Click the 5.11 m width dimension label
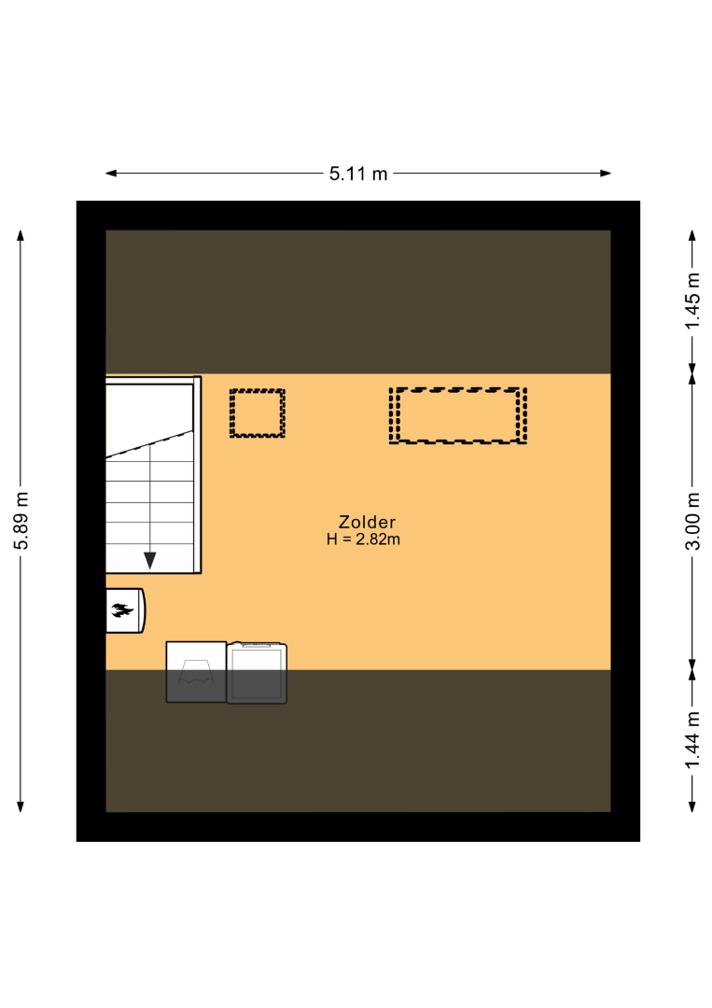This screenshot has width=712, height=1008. coord(358,174)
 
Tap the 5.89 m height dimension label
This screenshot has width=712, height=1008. coord(21,521)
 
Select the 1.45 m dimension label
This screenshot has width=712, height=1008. coord(692,301)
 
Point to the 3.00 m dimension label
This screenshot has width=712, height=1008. coord(692,522)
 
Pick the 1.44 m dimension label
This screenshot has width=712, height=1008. coord(692,740)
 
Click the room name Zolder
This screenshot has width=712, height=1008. coord(367,522)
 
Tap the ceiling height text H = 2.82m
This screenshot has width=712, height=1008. coord(363,539)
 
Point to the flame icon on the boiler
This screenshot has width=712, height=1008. coord(121,610)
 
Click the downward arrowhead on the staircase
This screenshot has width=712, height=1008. coord(149,561)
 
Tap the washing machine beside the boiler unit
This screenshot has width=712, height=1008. coord(196,672)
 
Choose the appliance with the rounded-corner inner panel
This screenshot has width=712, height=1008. coord(257,672)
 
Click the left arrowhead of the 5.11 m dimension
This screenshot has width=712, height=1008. coord(111,173)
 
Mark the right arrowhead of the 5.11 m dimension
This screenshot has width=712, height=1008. coord(606,173)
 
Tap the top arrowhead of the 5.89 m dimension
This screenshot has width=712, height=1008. coord(21,235)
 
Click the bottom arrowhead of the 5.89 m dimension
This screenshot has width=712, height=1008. coord(21,806)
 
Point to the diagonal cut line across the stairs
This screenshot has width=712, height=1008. coord(149,444)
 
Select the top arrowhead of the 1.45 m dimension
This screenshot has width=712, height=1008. coord(692,235)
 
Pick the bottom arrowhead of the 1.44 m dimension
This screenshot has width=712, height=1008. coord(692,806)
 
